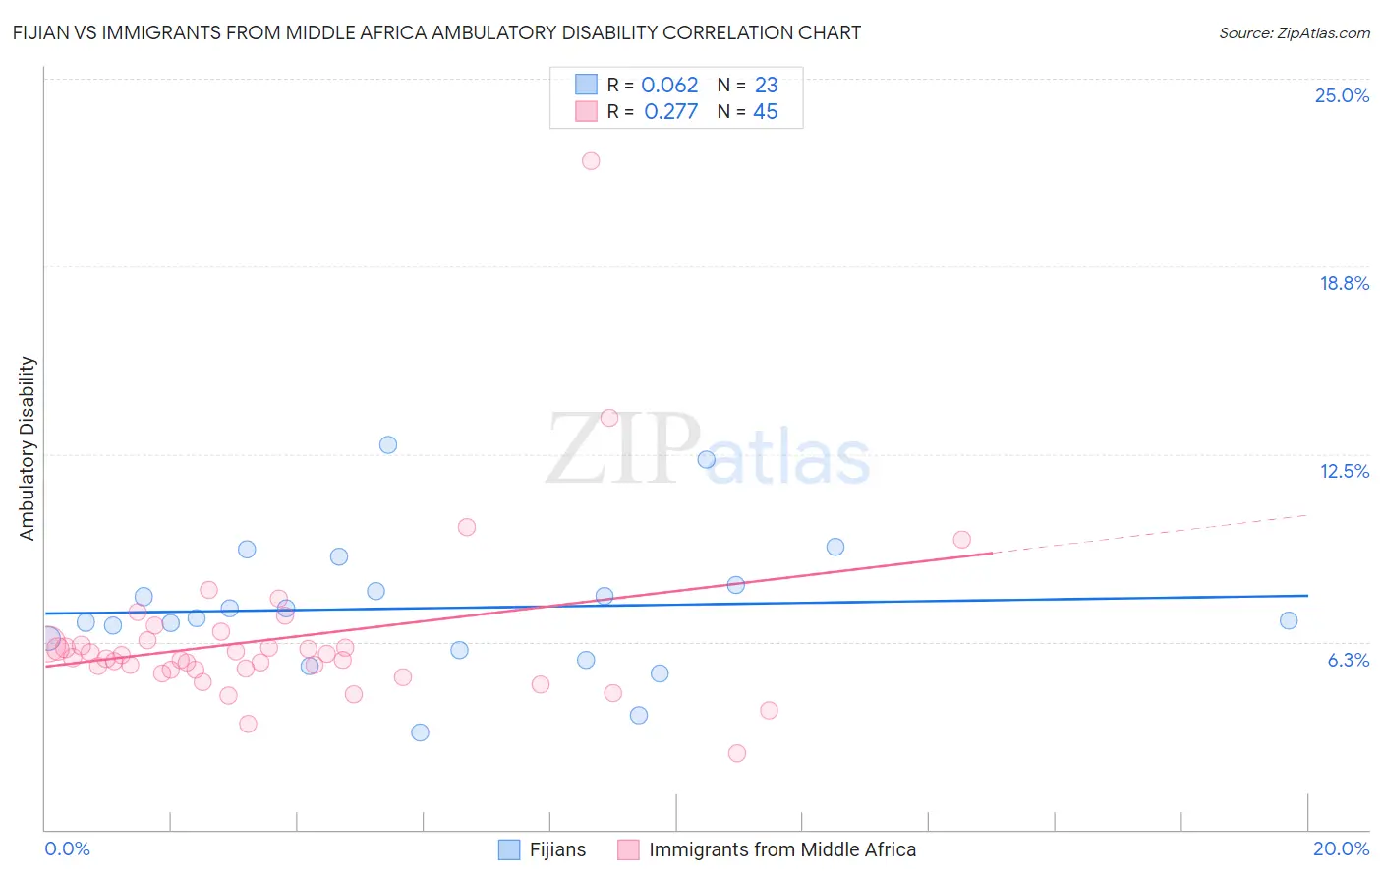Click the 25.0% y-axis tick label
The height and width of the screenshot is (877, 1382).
(x=1342, y=95)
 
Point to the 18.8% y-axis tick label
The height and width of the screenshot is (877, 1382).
(x=1344, y=283)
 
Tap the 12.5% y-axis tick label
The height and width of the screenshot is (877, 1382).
(x=1344, y=471)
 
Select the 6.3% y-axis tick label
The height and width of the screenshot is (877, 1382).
(x=1348, y=660)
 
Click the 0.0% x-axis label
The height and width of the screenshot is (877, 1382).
(x=67, y=848)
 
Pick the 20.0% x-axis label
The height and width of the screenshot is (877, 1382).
(x=1341, y=848)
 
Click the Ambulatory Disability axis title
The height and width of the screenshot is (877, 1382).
(x=28, y=448)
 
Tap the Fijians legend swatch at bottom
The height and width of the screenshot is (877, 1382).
(x=509, y=849)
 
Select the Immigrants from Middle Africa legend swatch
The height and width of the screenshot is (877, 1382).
(x=628, y=849)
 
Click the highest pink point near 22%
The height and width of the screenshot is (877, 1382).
(x=591, y=161)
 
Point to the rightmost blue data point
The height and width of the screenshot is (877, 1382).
(x=1289, y=620)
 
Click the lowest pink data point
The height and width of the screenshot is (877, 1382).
(x=737, y=753)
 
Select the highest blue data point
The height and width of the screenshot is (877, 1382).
(x=388, y=444)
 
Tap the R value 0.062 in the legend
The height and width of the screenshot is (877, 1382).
(x=669, y=86)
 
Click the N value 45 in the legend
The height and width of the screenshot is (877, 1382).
(x=766, y=112)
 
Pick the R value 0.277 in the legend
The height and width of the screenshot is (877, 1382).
(x=670, y=112)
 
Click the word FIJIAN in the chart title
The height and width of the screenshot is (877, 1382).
(x=43, y=33)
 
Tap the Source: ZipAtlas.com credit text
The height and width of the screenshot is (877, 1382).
(x=1294, y=33)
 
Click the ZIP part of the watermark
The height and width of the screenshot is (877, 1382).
(x=621, y=448)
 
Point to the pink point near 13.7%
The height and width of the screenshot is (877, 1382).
(x=609, y=418)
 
